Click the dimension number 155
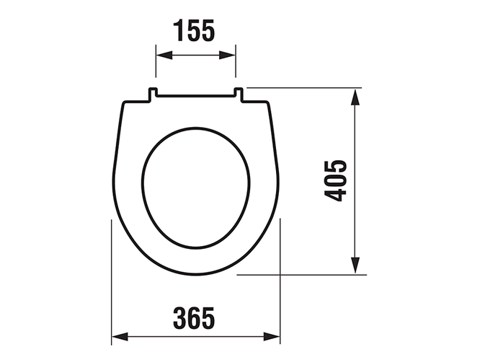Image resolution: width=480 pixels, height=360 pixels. [194, 30]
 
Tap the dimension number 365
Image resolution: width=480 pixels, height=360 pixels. [194, 318]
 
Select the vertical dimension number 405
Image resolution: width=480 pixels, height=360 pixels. [335, 180]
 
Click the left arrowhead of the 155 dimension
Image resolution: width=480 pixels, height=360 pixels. [164, 56]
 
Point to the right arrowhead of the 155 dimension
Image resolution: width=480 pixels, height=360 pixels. [227, 56]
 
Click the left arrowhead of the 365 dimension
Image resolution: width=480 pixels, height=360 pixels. [120, 336]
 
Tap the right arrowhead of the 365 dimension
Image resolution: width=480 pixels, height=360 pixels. [272, 336]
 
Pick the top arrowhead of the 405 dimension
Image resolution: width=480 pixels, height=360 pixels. [355, 97]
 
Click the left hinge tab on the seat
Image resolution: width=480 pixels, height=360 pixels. [153, 94]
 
